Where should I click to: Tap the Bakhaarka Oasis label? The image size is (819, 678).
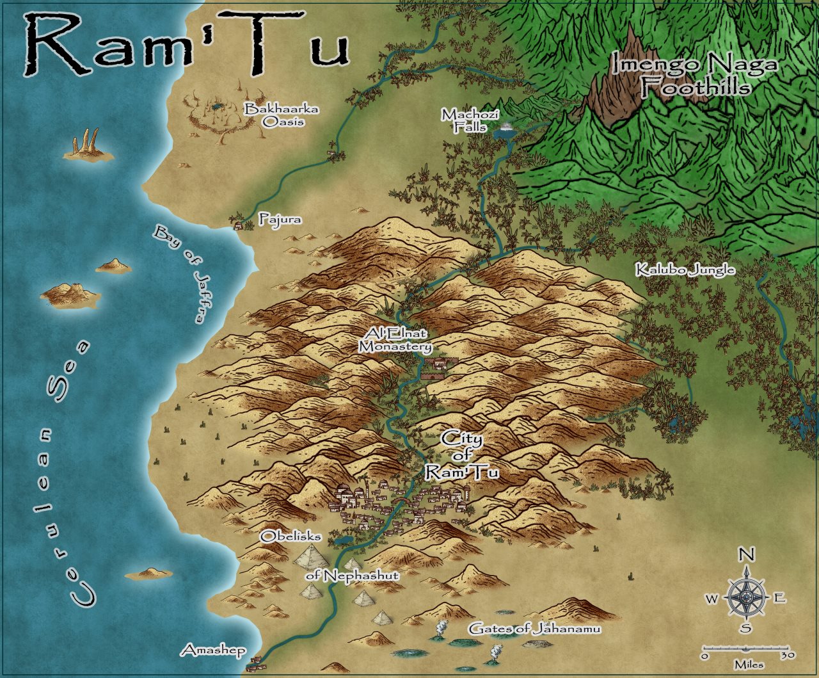click(282, 115)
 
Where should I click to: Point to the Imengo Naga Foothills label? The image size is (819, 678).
click(695, 76)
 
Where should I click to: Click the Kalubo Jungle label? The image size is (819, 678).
click(685, 270)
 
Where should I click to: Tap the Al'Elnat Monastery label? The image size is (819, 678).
click(395, 340)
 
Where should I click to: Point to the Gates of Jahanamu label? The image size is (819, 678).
click(534, 629)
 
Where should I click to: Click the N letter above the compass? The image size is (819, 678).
click(745, 555)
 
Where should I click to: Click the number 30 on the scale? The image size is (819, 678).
click(787, 656)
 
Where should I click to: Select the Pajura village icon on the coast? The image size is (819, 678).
click(240, 225)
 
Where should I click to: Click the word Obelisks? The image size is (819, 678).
click(290, 537)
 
